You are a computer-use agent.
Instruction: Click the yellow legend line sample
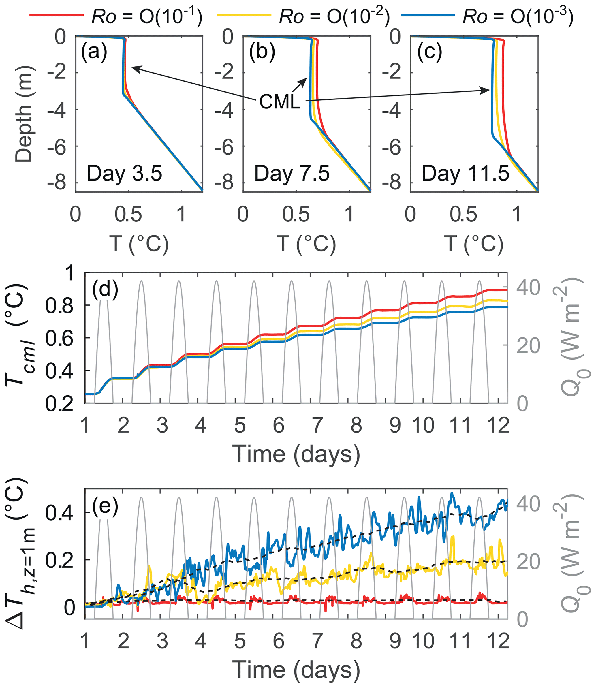pos(243,15)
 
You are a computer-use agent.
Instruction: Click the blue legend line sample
pos(428,15)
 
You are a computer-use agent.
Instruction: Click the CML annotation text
pos(280,101)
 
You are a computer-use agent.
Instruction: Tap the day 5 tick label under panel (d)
pos(240,425)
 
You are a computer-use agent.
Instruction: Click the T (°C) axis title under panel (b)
pos(306,244)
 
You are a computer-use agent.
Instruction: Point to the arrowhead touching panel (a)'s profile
pos(132,67)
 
